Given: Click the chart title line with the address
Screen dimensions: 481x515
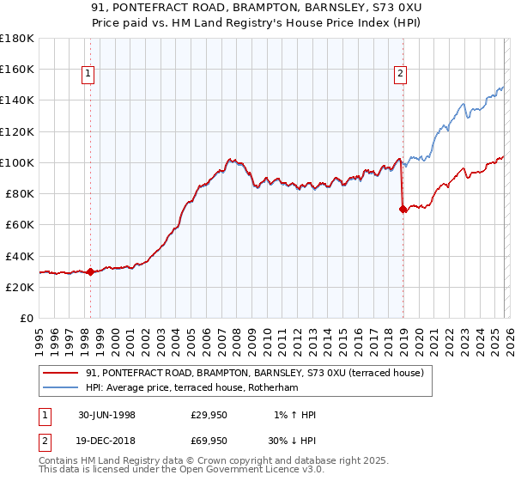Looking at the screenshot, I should tap(257, 8).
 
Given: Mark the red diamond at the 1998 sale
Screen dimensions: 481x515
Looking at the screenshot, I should tap(91, 271).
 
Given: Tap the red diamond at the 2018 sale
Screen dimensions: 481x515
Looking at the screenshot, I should tap(403, 209).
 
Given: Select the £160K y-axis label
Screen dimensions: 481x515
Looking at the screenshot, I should tap(18, 69).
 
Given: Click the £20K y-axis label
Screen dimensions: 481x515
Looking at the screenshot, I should tap(21, 287).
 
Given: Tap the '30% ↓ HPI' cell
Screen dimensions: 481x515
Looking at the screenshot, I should tap(290, 442).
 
